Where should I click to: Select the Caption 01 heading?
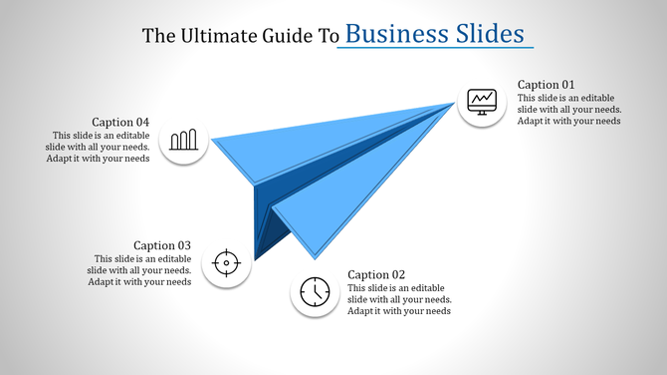[546, 85]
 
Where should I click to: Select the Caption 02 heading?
[376, 274]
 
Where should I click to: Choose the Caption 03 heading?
[162, 245]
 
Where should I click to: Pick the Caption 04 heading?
[120, 123]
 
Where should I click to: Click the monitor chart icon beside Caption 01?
[482, 101]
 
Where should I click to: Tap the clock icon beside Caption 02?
[315, 292]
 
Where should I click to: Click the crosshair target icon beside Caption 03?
[226, 263]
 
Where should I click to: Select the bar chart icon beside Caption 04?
[184, 140]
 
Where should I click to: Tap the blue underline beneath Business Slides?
[435, 48]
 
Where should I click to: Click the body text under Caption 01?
[569, 109]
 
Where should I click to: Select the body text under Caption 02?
[399, 299]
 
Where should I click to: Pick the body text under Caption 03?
[139, 269]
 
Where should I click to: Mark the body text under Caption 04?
[98, 147]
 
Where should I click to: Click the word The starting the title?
[159, 36]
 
